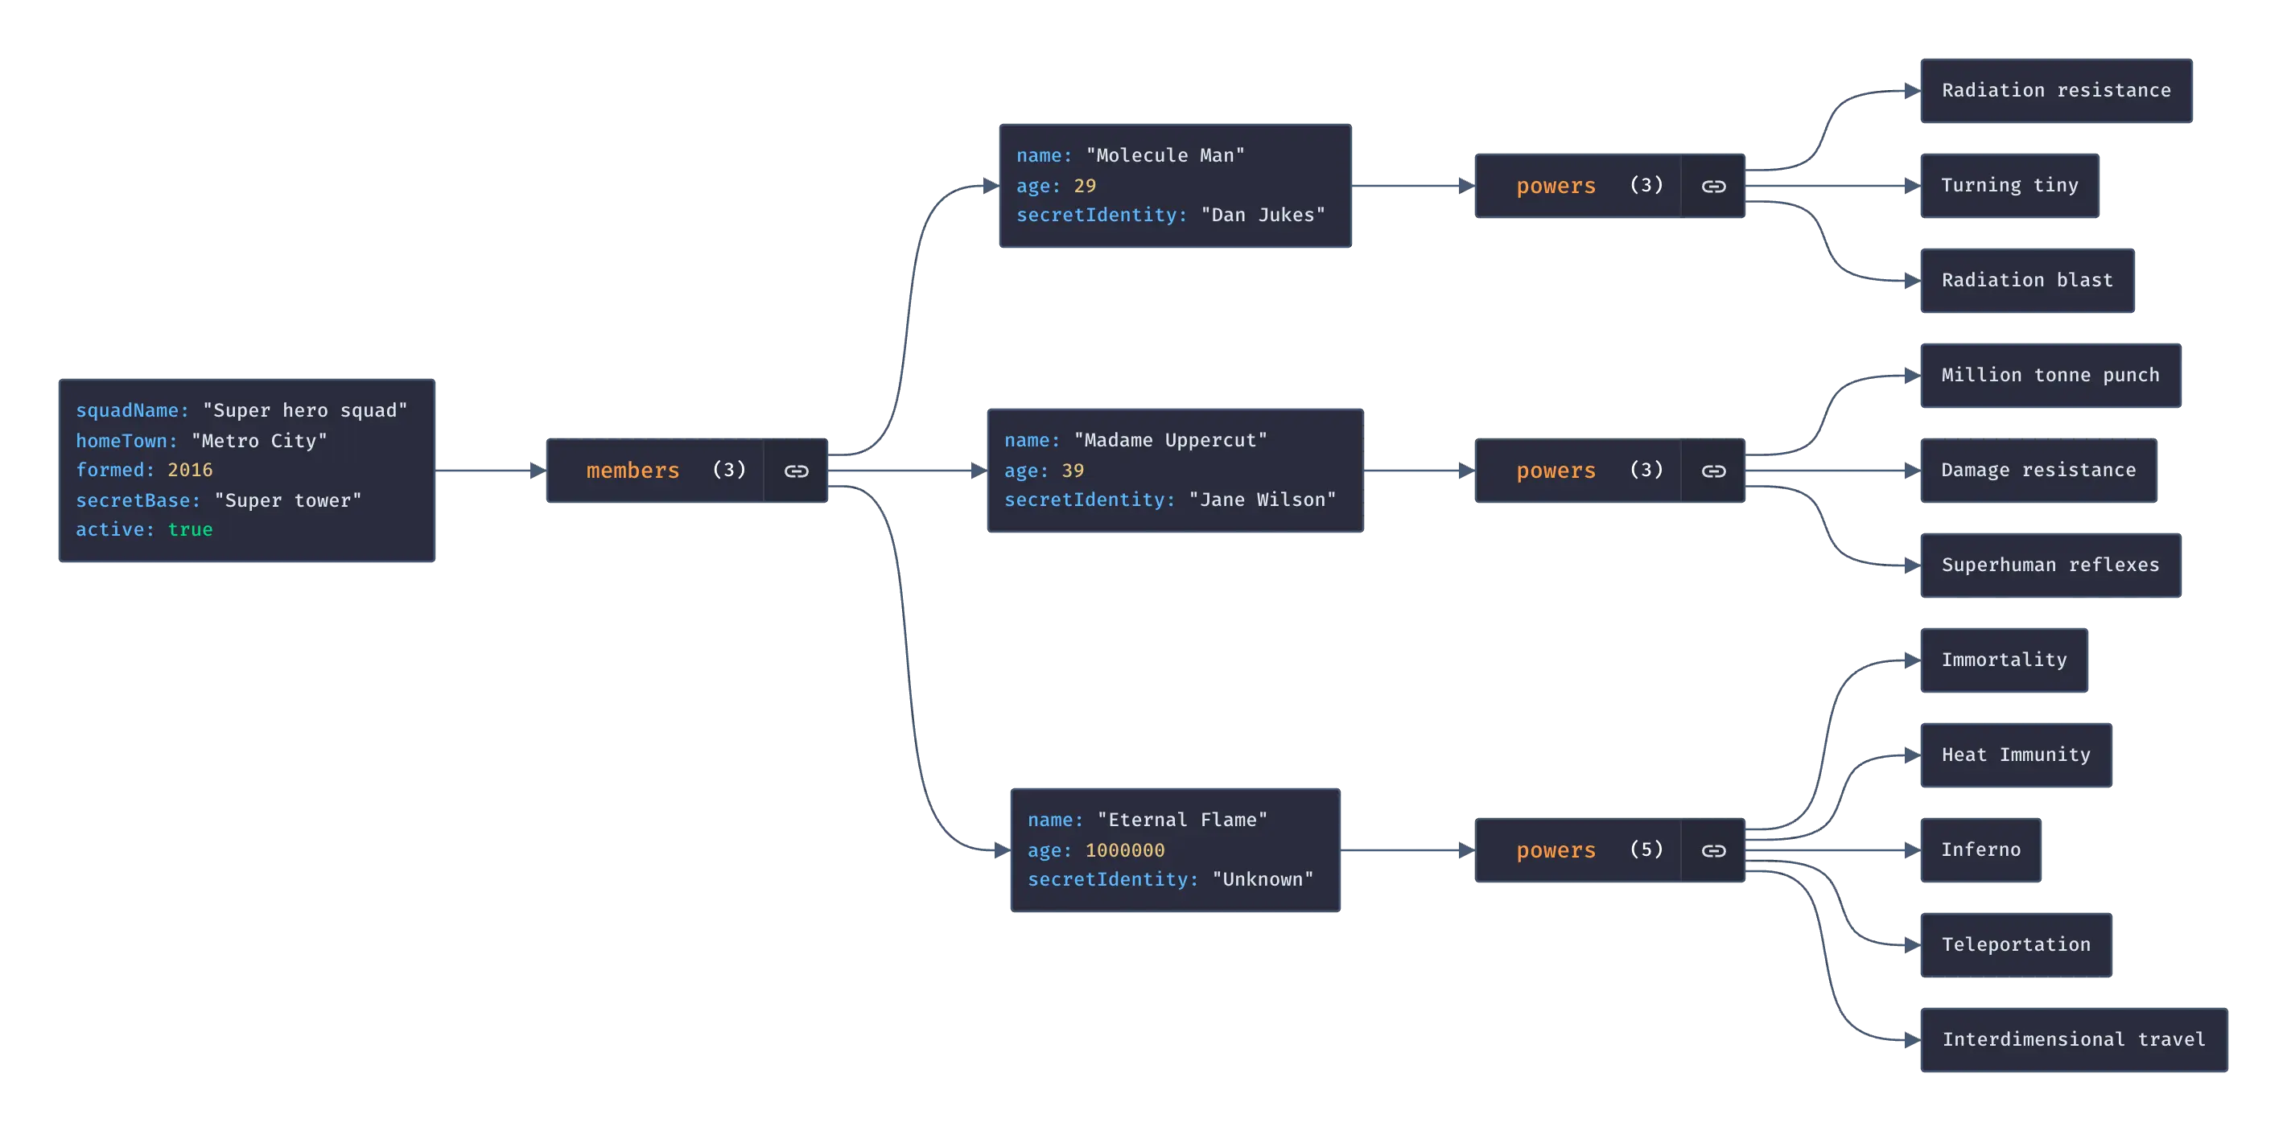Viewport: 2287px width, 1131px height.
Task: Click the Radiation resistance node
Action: (2055, 92)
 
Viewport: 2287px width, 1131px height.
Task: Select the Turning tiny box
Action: (2009, 186)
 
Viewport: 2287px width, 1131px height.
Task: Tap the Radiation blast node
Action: (2027, 281)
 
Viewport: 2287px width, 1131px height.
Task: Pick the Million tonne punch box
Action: (2049, 376)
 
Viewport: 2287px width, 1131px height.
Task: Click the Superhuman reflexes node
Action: (2049, 565)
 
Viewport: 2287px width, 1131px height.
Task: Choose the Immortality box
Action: (2004, 660)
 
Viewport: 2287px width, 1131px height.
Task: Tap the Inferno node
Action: (1980, 850)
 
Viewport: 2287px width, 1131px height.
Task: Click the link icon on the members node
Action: (797, 471)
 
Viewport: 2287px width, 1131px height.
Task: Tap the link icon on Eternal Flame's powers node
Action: (1713, 851)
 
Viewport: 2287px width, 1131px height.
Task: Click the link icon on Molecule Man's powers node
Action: (1713, 187)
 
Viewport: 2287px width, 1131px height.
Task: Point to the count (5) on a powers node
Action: (1646, 849)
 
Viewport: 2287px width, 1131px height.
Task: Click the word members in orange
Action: (633, 471)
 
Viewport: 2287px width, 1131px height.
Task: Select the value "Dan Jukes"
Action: (1263, 215)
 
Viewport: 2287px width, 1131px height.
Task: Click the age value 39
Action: (1073, 471)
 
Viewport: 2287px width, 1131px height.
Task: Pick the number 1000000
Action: (1125, 850)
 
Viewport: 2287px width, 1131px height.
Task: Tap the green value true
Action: (190, 530)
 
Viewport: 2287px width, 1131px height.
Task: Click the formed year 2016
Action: (190, 470)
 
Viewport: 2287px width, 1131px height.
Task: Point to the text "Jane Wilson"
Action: (1262, 500)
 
